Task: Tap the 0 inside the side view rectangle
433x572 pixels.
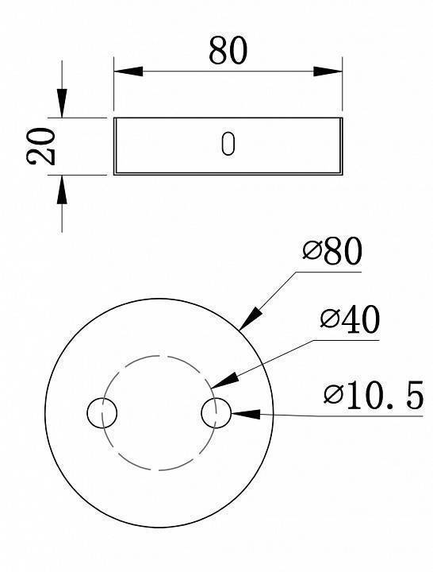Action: point(228,145)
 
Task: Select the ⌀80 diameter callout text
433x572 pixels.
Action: point(332,252)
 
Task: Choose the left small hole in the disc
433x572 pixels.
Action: point(102,413)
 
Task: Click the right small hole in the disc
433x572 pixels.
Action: point(216,413)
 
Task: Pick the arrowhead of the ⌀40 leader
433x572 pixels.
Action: point(220,382)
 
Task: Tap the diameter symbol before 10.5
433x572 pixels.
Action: point(333,395)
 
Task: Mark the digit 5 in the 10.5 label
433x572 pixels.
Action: point(412,395)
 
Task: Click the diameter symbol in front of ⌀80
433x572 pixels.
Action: point(312,253)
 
